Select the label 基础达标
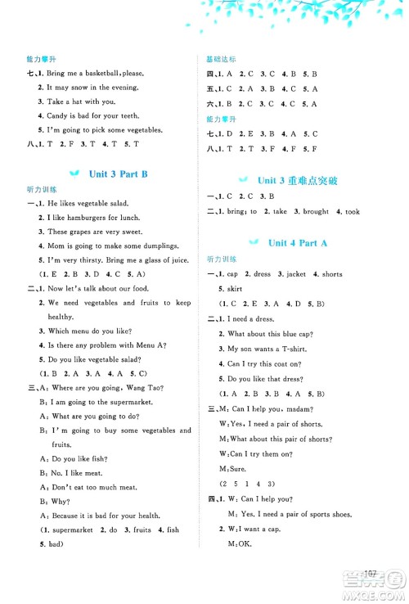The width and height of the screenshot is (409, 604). pyautogui.click(x=221, y=60)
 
